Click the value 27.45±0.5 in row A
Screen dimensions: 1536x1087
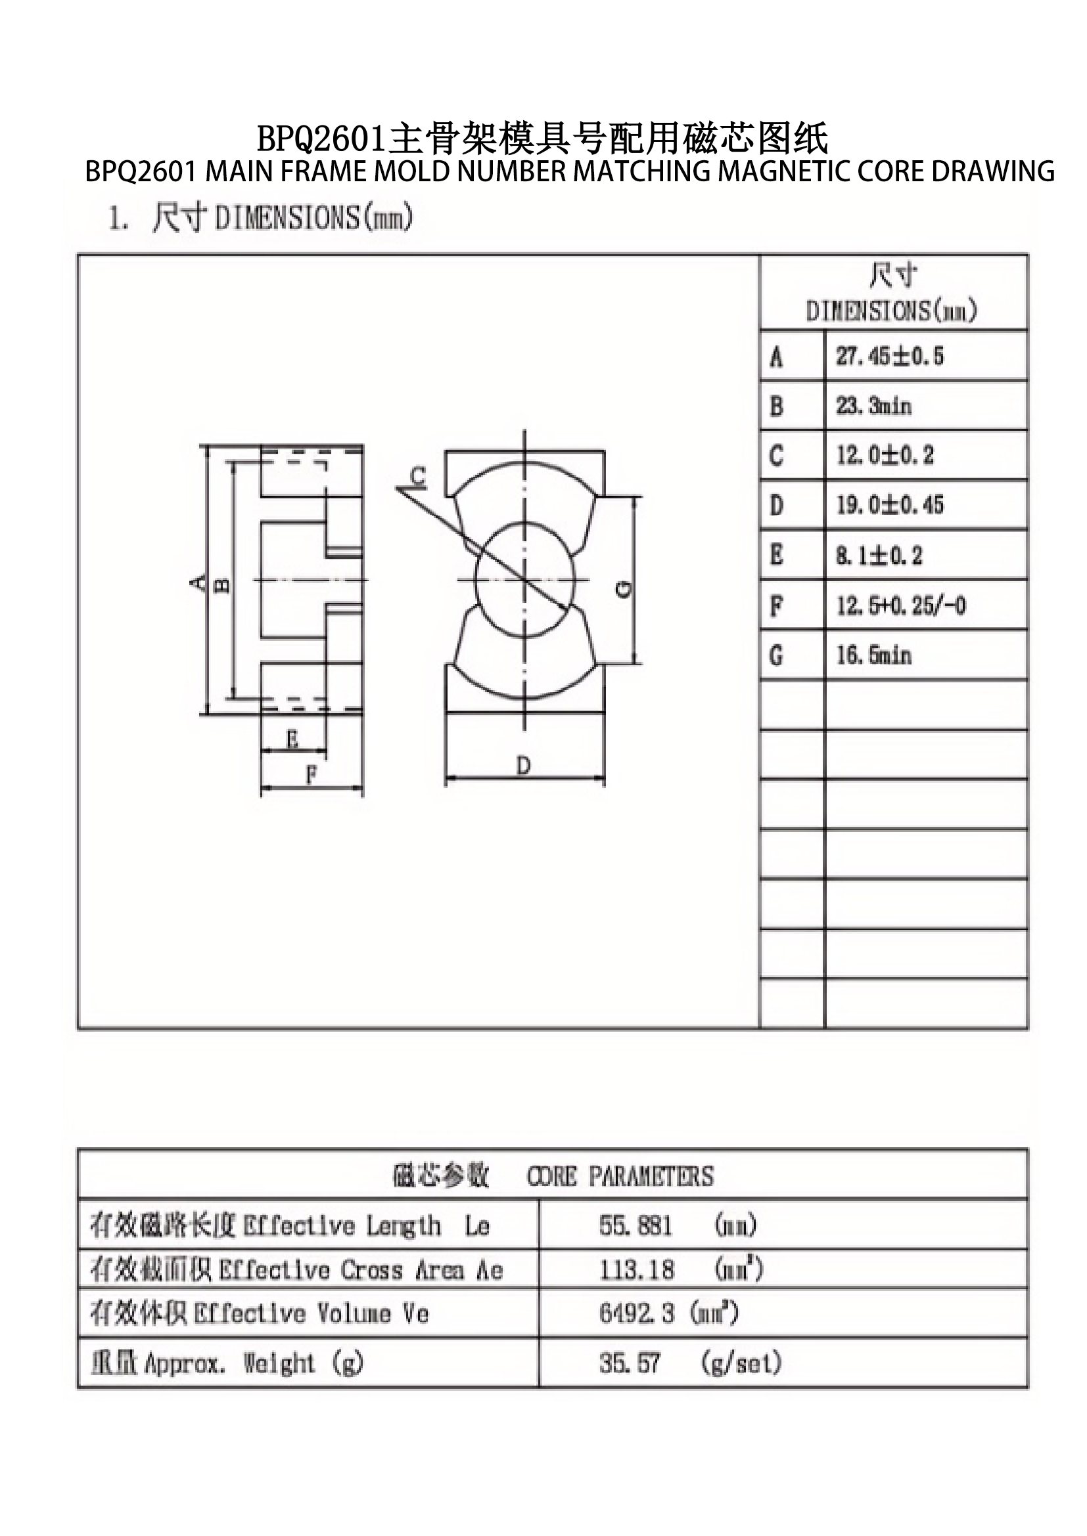coord(889,356)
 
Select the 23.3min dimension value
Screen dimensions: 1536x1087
coord(873,406)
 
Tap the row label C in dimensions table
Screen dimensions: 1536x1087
coord(775,456)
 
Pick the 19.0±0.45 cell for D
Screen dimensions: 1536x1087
coord(889,505)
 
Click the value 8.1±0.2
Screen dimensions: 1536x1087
coord(878,556)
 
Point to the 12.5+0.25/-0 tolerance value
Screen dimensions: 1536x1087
coord(900,605)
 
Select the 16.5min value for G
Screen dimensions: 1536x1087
coord(873,655)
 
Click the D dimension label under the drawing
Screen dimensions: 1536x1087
coord(523,764)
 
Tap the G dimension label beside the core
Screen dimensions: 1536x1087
coord(623,588)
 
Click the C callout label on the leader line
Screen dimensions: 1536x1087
coord(417,476)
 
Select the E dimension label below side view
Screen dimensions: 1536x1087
coord(292,739)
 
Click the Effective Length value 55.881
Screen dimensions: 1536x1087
coord(636,1225)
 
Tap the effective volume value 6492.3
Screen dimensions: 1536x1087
coord(637,1313)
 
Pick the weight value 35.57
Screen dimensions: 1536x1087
coord(629,1363)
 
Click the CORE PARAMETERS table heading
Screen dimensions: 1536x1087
coord(620,1176)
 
